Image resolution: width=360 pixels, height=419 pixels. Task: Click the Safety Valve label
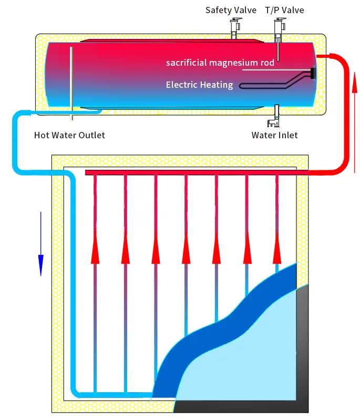(x=231, y=10)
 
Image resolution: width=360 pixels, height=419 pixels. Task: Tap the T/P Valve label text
(x=284, y=10)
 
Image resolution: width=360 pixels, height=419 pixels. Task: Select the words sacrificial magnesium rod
(x=220, y=63)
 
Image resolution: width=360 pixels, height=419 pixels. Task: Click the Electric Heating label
(x=199, y=85)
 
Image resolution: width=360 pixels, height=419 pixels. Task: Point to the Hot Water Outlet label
(x=69, y=135)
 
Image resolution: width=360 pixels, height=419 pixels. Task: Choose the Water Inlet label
(x=274, y=135)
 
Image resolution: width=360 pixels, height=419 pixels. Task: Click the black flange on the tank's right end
(x=313, y=74)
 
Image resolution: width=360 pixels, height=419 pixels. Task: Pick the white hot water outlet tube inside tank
(x=71, y=79)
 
